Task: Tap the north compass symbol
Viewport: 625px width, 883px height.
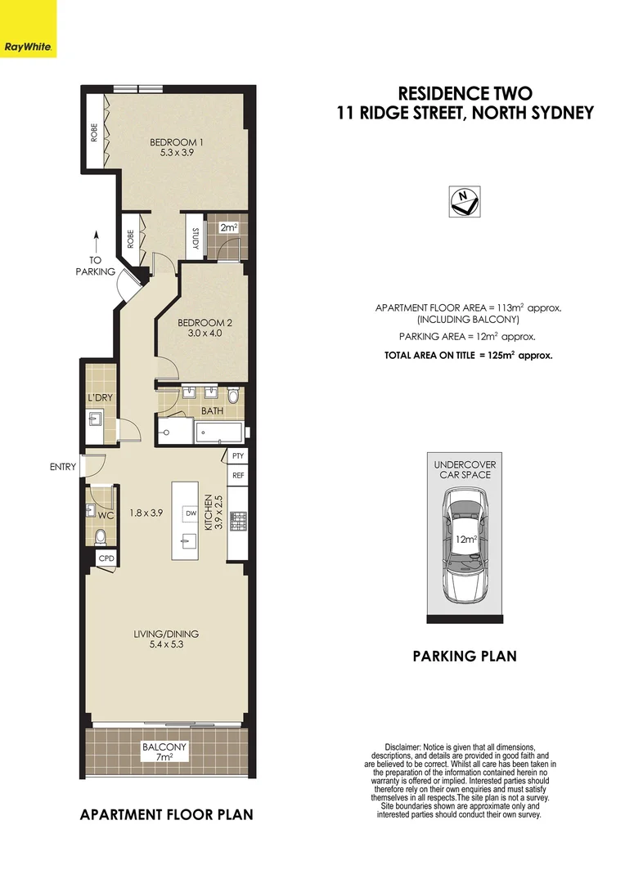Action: click(x=465, y=200)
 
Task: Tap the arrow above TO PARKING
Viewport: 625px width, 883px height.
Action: click(x=96, y=242)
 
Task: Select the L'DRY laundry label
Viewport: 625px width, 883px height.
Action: click(x=99, y=398)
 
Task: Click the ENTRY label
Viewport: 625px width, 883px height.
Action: click(x=62, y=468)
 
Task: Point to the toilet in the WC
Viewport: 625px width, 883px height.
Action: click(x=101, y=536)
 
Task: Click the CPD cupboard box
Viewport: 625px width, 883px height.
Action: click(x=106, y=558)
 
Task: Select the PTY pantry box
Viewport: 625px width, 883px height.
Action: click(x=238, y=456)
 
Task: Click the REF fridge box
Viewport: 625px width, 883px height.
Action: click(x=238, y=475)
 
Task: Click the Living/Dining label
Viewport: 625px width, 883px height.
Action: click(x=167, y=639)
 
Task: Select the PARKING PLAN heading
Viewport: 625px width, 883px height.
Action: click(x=464, y=656)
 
